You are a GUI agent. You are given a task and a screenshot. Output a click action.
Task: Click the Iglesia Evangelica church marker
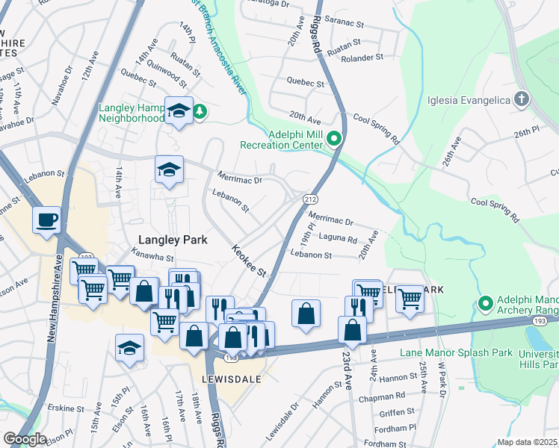tap(522, 100)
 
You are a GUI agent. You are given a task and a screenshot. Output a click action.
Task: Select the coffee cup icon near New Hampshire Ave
tap(47, 220)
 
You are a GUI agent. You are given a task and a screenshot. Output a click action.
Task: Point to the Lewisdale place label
tap(230, 379)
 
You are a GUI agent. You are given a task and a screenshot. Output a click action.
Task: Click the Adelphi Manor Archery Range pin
tap(485, 303)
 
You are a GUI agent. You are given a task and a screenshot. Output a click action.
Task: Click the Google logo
tap(25, 439)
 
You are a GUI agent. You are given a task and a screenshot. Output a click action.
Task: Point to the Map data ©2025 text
tap(527, 442)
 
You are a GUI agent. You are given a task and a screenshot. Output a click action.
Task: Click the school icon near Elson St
tap(129, 348)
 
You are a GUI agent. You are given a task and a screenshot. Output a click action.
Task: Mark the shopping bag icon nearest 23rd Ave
tap(352, 329)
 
